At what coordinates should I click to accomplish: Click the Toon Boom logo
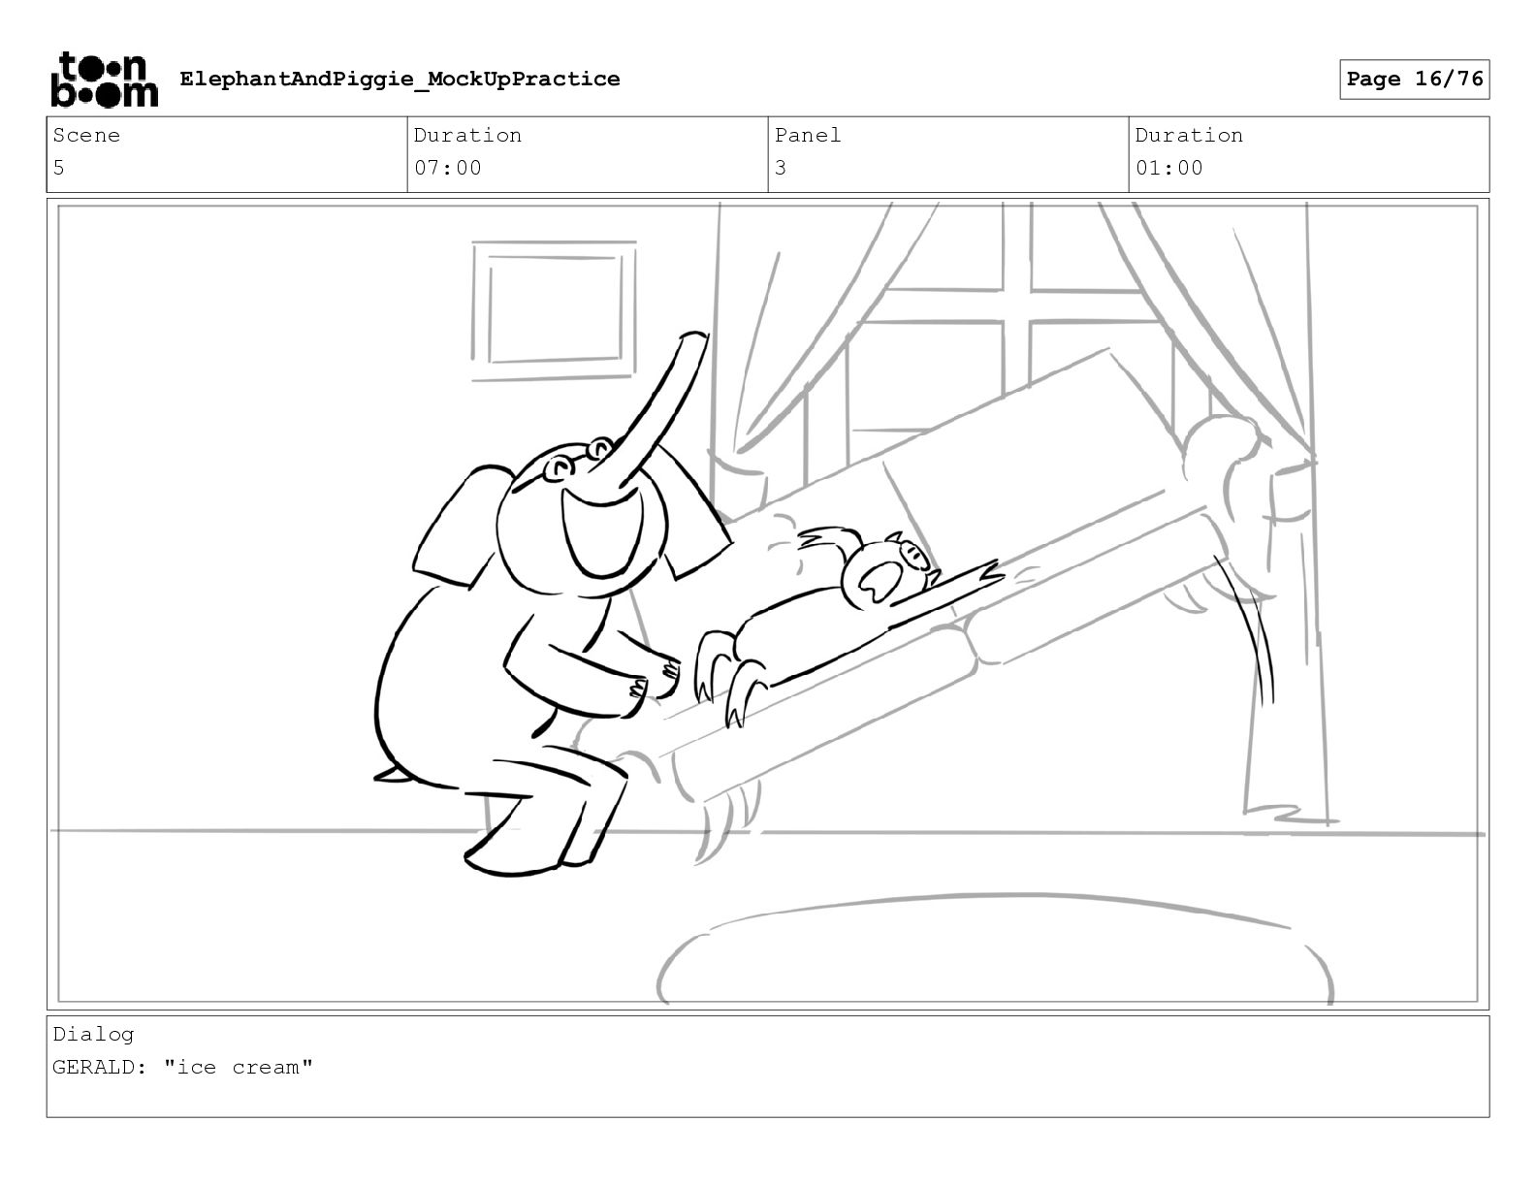click(x=105, y=80)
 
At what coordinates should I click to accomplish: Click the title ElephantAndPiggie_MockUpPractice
click(x=400, y=79)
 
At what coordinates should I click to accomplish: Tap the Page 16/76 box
click(x=1414, y=80)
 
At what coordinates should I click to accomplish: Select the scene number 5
click(x=59, y=168)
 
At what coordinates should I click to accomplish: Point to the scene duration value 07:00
click(x=447, y=168)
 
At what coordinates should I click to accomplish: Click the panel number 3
click(x=781, y=168)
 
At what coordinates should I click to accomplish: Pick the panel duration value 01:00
click(x=1168, y=168)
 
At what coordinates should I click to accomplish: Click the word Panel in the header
click(x=807, y=135)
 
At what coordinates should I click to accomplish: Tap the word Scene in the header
click(x=86, y=135)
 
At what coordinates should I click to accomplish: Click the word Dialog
click(x=93, y=1035)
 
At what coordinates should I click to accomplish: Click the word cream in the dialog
click(x=266, y=1067)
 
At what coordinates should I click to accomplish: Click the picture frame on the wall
click(x=554, y=310)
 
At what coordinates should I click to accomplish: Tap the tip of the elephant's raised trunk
click(x=693, y=337)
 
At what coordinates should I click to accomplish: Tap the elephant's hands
click(x=654, y=682)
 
